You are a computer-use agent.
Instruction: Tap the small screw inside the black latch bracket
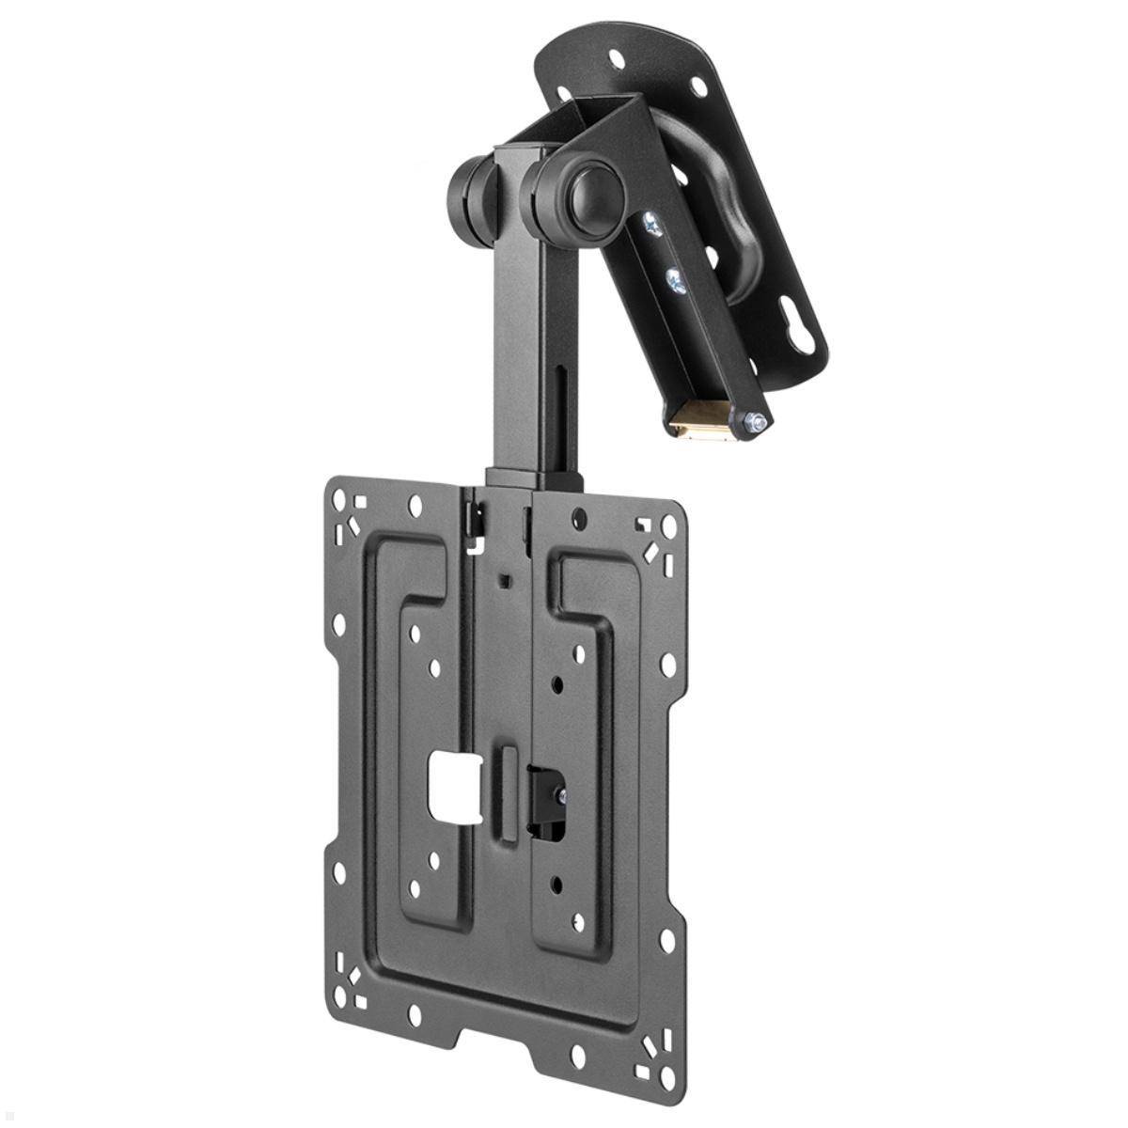coord(561,796)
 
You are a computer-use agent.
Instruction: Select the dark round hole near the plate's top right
coord(582,516)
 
